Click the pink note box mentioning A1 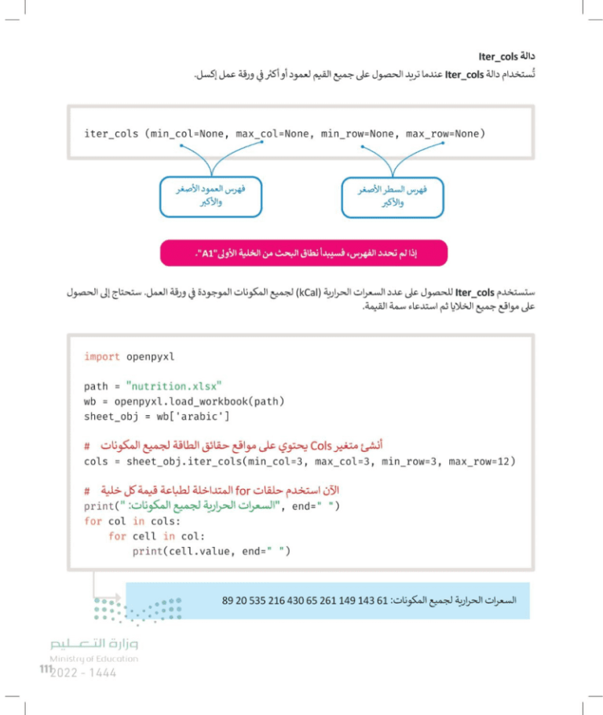(x=303, y=254)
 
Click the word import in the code (x=101, y=356)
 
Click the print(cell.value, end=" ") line (x=211, y=551)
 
